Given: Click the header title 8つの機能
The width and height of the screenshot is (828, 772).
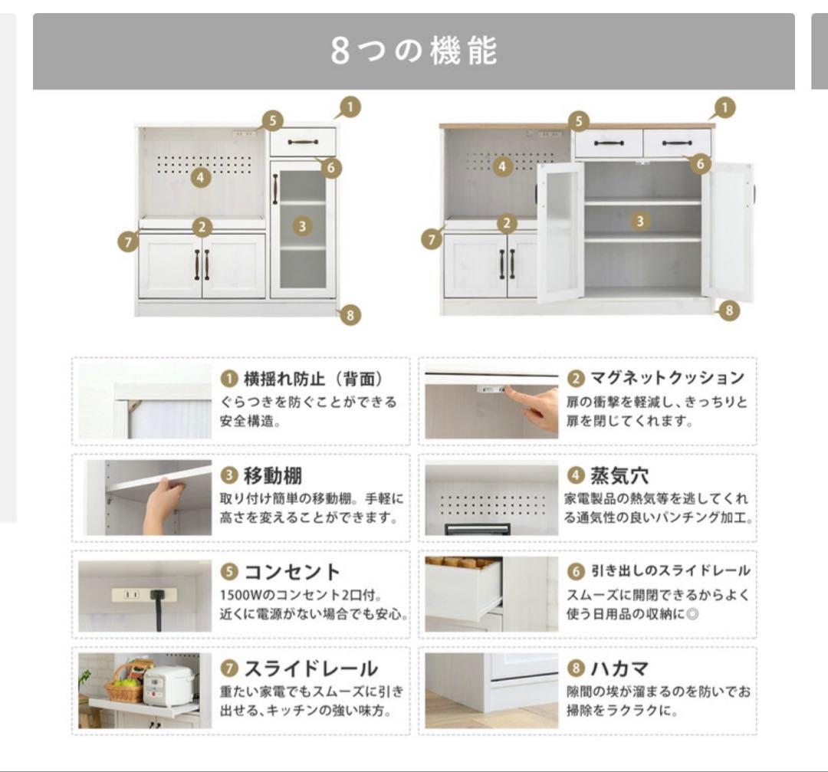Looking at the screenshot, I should click(x=414, y=51).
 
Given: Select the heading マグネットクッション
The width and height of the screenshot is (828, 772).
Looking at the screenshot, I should click(x=665, y=378).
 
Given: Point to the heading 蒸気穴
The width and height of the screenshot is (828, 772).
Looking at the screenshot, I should click(x=619, y=475).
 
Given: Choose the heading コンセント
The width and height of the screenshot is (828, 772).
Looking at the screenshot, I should click(x=291, y=572).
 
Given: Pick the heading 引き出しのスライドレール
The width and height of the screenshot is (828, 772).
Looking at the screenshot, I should click(x=669, y=572).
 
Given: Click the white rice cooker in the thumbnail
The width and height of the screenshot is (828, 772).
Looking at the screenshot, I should click(x=169, y=685).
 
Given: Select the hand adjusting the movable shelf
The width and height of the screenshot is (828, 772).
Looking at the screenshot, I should click(x=164, y=502).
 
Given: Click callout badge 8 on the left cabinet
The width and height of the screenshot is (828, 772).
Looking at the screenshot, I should click(x=350, y=314).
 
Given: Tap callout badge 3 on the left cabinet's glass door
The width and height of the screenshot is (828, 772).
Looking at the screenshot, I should click(x=303, y=226).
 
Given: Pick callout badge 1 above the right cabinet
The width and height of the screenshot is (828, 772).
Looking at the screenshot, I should click(x=724, y=108).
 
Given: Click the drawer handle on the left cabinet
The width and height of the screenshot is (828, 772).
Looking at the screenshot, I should click(x=302, y=142).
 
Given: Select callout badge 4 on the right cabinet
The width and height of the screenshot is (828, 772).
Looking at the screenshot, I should click(x=502, y=166).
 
